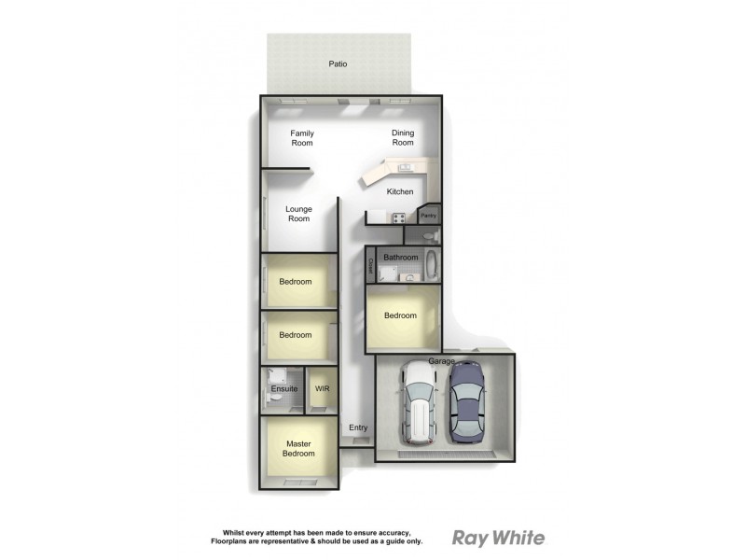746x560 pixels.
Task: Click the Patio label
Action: (338, 64)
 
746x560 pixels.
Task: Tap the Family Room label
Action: (302, 138)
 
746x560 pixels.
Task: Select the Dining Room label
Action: (403, 138)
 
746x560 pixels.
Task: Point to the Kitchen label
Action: (400, 192)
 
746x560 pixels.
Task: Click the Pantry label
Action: (428, 216)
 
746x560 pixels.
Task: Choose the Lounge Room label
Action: (298, 214)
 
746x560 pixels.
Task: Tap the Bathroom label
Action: (401, 257)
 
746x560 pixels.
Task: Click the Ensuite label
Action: (284, 388)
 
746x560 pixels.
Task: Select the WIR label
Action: (323, 388)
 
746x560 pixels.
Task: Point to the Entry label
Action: (358, 428)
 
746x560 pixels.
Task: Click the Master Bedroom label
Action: (299, 449)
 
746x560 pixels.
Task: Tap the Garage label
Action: (441, 360)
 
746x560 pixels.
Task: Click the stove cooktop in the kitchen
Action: (398, 218)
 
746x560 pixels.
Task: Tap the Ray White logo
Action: (498, 538)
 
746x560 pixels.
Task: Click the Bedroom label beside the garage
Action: (401, 315)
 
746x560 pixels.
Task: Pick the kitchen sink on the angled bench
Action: (406, 168)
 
